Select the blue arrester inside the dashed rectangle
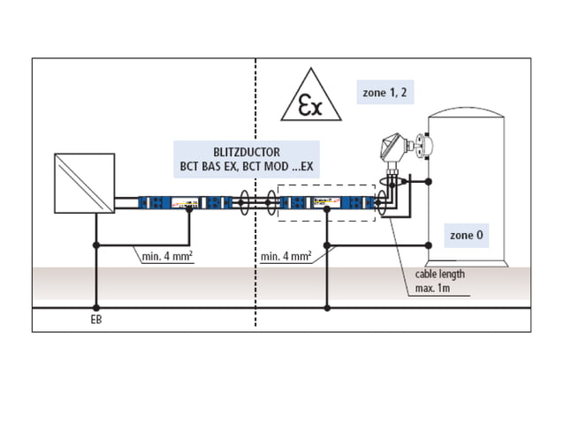[327, 202]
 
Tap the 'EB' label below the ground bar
[95, 319]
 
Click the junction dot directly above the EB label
[95, 307]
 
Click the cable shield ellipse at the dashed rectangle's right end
[382, 202]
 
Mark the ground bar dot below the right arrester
[327, 307]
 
